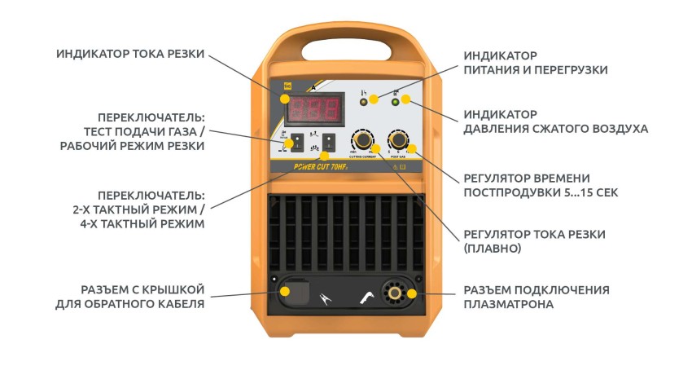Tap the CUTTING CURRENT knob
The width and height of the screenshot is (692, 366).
(361, 138)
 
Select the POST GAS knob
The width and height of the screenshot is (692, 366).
(399, 138)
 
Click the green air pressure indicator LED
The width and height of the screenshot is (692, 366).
(396, 101)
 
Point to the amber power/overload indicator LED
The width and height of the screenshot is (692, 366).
(364, 101)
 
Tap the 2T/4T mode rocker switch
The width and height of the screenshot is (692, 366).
(328, 141)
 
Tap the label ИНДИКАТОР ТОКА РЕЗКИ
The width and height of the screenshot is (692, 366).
(130, 55)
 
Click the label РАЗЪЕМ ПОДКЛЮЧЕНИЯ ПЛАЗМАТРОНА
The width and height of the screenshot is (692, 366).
(536, 297)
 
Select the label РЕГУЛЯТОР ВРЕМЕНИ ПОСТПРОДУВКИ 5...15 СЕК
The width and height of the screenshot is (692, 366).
(527, 185)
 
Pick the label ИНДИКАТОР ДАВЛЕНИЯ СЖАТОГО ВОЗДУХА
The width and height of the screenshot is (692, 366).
(555, 121)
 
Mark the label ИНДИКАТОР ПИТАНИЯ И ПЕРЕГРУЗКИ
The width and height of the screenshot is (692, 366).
(535, 63)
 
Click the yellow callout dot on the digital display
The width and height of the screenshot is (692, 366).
(286, 99)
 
